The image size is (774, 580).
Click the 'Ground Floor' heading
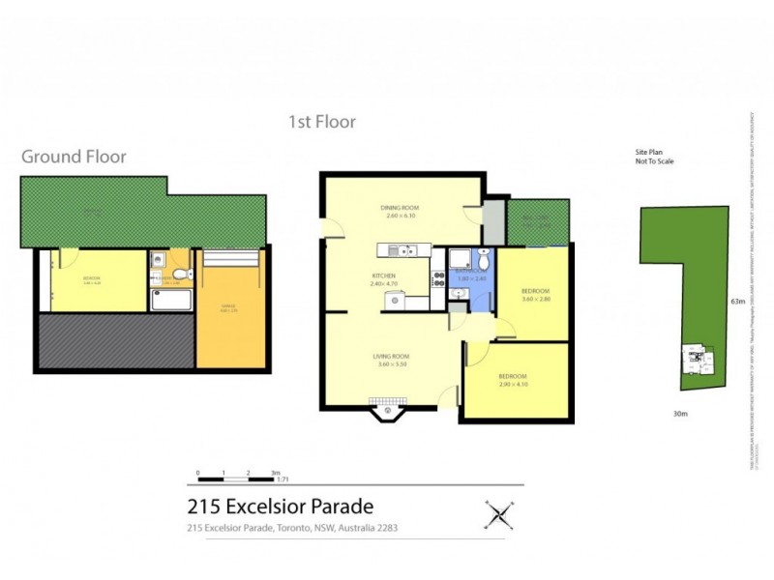(74, 157)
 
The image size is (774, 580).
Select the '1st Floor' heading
(322, 122)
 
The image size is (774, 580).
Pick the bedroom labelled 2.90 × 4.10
(513, 380)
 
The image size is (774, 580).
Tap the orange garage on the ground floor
(229, 309)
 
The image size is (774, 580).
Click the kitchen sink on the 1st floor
(399, 251)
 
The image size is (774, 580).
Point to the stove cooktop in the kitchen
(440, 275)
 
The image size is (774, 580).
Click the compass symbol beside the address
(498, 513)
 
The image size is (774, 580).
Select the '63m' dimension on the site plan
(738, 302)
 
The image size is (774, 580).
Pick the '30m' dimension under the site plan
(679, 414)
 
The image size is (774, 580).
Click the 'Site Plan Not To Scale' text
(654, 158)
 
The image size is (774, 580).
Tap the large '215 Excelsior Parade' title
(280, 506)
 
